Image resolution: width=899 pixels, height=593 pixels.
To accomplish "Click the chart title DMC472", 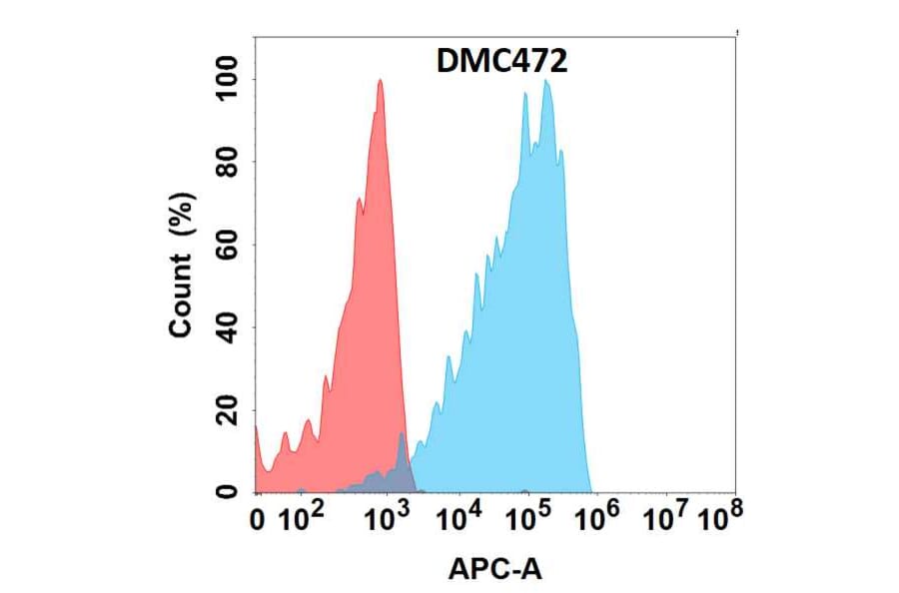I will pyautogui.click(x=502, y=63).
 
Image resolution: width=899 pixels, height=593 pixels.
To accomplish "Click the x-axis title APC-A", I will pyautogui.click(x=494, y=569).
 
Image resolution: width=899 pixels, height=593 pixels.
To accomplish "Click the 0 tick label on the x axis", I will pyautogui.click(x=258, y=521).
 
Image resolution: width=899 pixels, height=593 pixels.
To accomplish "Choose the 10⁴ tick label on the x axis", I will pyautogui.click(x=460, y=519).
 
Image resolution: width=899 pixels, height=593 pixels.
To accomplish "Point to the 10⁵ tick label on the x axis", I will pyautogui.click(x=530, y=519).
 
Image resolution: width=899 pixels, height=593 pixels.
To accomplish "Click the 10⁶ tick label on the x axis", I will pyautogui.click(x=600, y=519).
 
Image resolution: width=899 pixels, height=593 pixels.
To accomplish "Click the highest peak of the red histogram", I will pyautogui.click(x=380, y=81).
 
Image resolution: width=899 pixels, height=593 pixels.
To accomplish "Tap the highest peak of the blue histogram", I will pyautogui.click(x=545, y=81).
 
